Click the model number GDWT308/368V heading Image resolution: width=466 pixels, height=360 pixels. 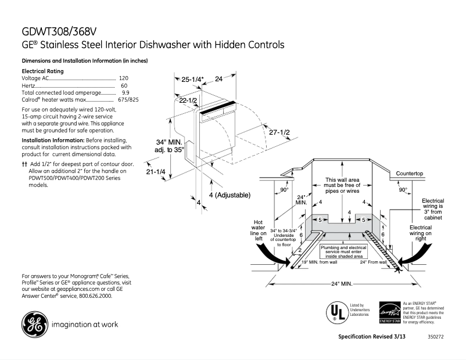click(x=59, y=30)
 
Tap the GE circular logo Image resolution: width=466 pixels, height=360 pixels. click(x=34, y=325)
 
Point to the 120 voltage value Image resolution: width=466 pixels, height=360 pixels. click(x=123, y=78)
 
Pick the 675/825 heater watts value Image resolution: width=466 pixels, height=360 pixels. click(x=128, y=99)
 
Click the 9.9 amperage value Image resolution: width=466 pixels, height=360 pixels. click(x=125, y=92)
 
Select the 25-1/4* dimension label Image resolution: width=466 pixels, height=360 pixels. click(x=192, y=79)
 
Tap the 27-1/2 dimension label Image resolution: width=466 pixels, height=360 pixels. click(x=279, y=132)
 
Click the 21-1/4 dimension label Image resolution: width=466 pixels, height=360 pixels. click(x=156, y=172)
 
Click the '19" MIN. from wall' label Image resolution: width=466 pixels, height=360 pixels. click(x=319, y=262)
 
